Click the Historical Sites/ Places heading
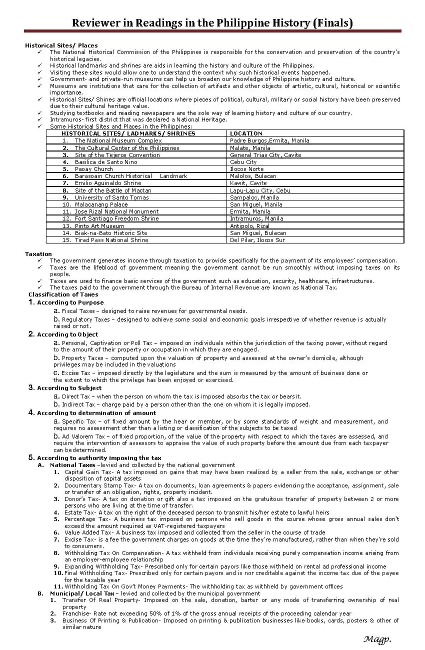pyautogui.click(x=61, y=45)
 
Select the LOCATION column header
pyautogui.click(x=246, y=134)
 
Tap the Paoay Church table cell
pyautogui.click(x=93, y=169)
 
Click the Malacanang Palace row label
pyautogui.click(x=101, y=204)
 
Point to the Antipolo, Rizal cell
pyautogui.click(x=250, y=226)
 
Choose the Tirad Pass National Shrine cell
pyautogui.click(x=111, y=240)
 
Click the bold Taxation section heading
pyautogui.click(x=38, y=254)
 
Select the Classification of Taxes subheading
pyautogui.click(x=63, y=294)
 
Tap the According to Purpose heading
pyautogui.click(x=70, y=303)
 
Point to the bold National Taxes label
pyautogui.click(x=72, y=465)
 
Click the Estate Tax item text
pyautogui.click(x=79, y=513)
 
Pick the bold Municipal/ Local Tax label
pyautogui.click(x=82, y=593)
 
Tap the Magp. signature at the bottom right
pyautogui.click(x=377, y=639)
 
